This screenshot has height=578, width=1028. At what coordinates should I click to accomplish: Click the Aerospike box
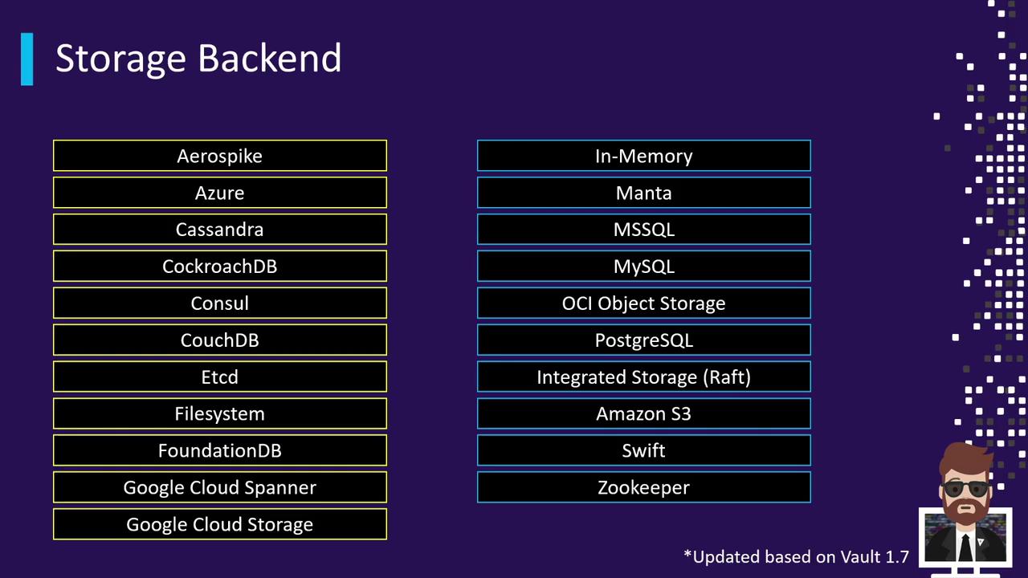pos(220,156)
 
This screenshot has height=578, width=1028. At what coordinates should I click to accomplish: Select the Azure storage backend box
pos(220,193)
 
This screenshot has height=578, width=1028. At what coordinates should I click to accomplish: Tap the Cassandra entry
pos(220,230)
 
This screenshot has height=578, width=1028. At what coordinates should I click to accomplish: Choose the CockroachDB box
pos(220,266)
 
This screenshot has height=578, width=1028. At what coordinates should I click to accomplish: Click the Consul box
pos(220,303)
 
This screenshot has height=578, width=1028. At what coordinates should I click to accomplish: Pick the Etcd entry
pos(220,377)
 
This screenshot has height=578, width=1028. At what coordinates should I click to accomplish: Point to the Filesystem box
pos(220,413)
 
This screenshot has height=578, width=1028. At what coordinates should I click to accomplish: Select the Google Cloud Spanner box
pos(220,487)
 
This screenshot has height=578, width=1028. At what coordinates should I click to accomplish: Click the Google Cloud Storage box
pos(220,524)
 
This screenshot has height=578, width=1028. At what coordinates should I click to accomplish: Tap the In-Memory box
pos(644,156)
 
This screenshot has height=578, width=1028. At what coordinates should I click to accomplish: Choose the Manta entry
pos(644,193)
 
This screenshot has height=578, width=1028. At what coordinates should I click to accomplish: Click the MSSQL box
pos(644,230)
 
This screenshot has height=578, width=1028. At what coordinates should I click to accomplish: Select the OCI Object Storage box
pos(644,303)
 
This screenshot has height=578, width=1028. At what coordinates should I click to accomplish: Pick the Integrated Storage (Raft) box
pos(644,377)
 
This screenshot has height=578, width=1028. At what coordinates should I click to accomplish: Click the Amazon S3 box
pos(644,413)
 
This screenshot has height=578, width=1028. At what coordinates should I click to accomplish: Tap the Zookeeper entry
pos(644,487)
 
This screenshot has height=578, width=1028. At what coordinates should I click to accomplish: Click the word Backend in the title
pos(269,59)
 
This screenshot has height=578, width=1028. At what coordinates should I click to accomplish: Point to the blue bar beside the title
pos(27,59)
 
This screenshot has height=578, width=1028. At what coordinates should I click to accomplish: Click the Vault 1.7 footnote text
pos(796,556)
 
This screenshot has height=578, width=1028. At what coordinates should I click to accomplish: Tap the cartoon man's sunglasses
pos(965,488)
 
